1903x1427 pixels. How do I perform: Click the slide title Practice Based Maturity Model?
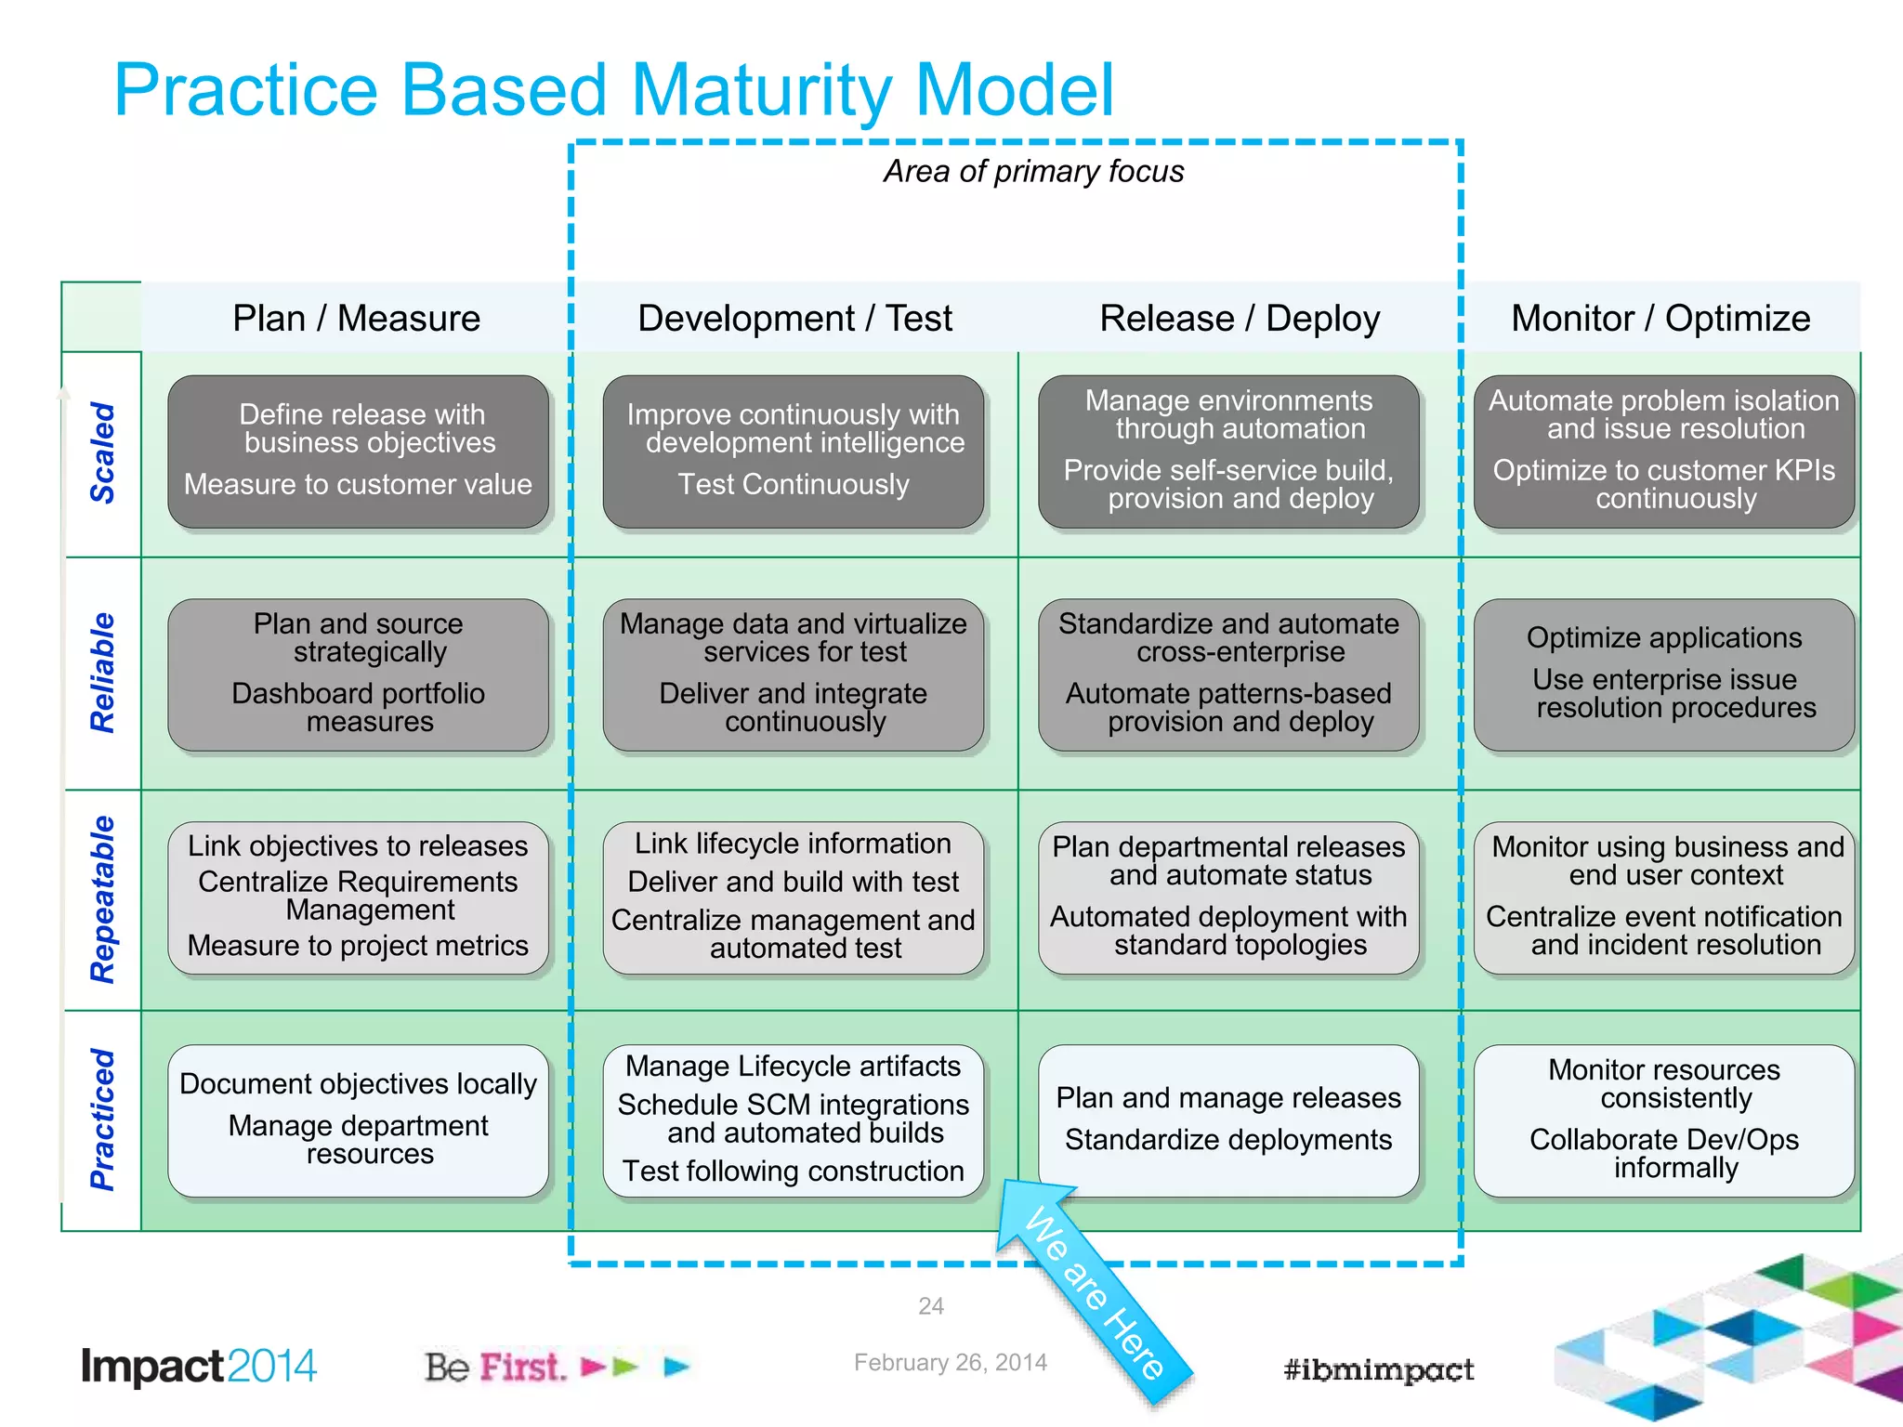point(613,90)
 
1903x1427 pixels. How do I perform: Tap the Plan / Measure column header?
point(356,319)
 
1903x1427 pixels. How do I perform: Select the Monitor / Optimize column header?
point(1660,319)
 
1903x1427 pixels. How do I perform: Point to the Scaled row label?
point(102,453)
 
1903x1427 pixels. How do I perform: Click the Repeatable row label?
point(102,899)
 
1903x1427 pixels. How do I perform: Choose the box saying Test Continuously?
point(793,452)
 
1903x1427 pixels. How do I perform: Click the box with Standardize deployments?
point(1228,1120)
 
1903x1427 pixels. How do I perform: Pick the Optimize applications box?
point(1663,674)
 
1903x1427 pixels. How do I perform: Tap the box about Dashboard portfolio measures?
point(358,674)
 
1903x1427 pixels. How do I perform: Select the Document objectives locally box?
point(358,1120)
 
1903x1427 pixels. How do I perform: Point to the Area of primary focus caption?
point(1033,172)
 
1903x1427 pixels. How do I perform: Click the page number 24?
point(931,1306)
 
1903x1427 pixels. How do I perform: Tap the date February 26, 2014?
point(950,1363)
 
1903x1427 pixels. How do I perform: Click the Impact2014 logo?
point(199,1367)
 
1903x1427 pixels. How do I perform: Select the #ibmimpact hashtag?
point(1378,1369)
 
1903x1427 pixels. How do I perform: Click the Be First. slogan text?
point(494,1368)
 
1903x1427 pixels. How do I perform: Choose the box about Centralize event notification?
point(1663,897)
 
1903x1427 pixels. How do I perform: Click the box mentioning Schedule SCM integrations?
point(793,1120)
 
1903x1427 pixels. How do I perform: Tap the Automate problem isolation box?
point(1663,452)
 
